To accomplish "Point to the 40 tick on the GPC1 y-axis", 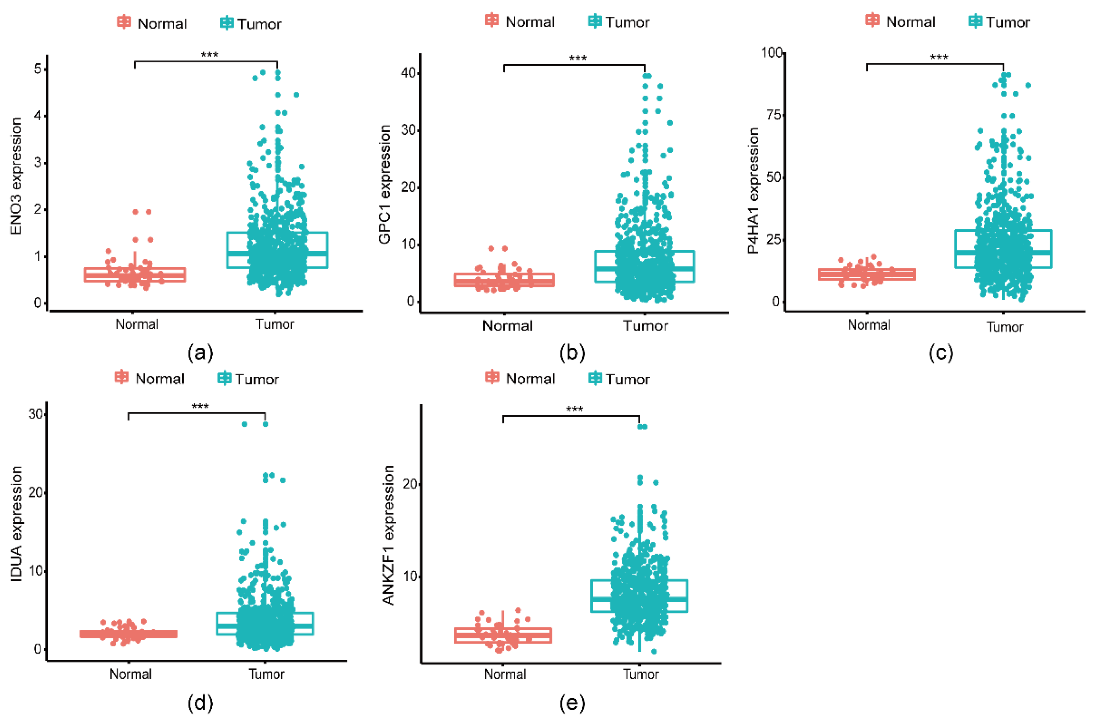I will point(409,73).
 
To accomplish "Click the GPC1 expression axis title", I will point(385,184).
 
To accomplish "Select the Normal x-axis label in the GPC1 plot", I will point(507,326).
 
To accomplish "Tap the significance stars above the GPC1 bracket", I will point(577,59).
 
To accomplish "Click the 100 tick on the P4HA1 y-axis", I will point(771,52).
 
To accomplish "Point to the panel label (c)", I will point(941,353).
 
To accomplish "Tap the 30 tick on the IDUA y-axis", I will point(36,414).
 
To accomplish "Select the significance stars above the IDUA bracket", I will point(200,407).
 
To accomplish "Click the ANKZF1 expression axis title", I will point(388,535).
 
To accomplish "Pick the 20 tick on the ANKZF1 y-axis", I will point(410,484).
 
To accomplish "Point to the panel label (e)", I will point(572,703).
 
